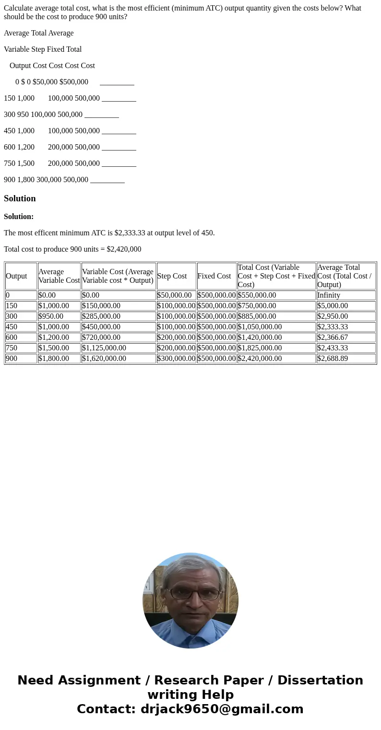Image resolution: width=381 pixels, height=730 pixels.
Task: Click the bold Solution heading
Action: tap(20, 198)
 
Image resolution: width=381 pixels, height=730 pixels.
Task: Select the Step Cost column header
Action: tap(172, 276)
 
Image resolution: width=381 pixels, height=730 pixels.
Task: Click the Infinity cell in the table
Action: tap(329, 295)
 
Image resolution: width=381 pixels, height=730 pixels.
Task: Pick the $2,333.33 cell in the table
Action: tap(333, 327)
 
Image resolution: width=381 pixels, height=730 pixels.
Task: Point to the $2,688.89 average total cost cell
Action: tap(333, 359)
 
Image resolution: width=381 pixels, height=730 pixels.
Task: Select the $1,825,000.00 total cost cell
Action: tap(260, 348)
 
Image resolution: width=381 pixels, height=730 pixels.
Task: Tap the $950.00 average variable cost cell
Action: tap(51, 316)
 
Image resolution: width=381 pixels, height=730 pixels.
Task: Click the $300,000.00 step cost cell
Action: tap(176, 359)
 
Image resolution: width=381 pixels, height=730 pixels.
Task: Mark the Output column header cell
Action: tap(16, 276)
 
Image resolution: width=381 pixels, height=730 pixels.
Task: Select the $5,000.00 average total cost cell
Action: tap(333, 306)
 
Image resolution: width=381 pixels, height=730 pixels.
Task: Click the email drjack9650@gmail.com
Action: tap(222, 709)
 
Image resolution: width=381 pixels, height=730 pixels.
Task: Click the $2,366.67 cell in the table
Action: tap(333, 337)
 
